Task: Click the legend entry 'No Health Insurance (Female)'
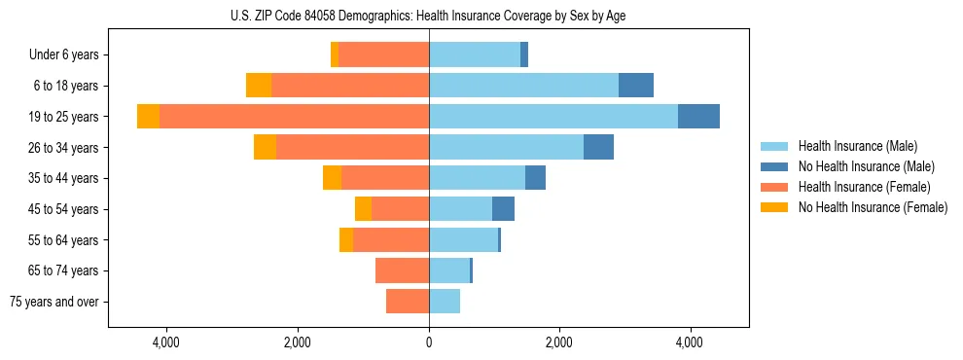(873, 207)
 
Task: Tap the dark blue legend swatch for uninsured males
(774, 166)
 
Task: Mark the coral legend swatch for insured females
(774, 187)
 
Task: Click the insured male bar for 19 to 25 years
(553, 117)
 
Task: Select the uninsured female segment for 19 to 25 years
(148, 117)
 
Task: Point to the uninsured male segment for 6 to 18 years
(636, 86)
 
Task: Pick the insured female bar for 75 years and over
(408, 302)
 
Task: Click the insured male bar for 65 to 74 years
(449, 270)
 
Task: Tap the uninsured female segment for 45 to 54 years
(363, 209)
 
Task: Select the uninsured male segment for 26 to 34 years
(598, 147)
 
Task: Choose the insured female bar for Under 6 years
(383, 54)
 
